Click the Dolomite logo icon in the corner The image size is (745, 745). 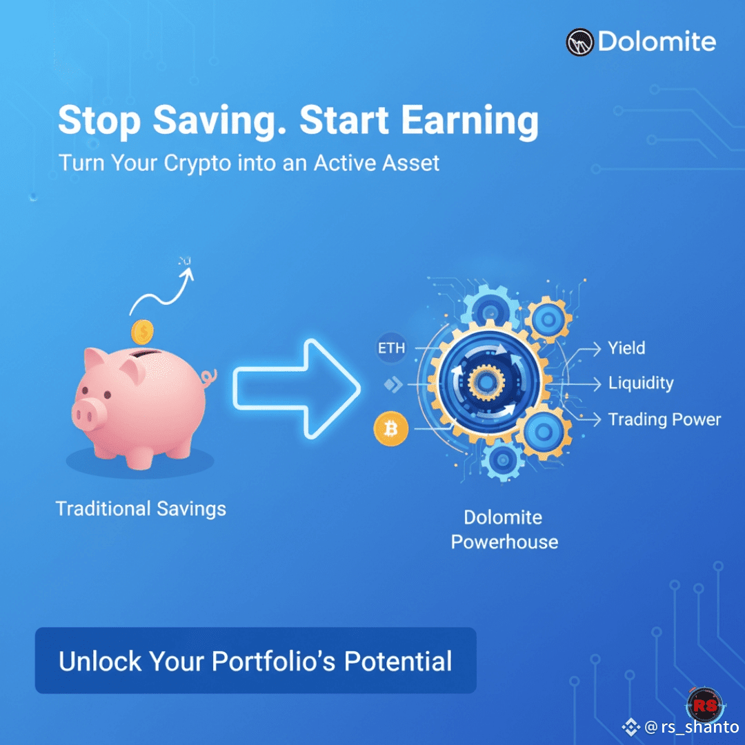click(x=579, y=42)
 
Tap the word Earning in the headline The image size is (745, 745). click(x=470, y=121)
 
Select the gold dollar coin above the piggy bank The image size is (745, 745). click(x=142, y=332)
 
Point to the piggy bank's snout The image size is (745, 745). click(x=88, y=414)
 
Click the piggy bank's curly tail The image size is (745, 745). click(x=208, y=378)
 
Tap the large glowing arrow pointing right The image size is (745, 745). click(x=297, y=388)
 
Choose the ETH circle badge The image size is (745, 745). click(x=391, y=348)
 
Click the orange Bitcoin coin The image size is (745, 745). click(x=390, y=428)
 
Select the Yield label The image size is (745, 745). click(x=626, y=348)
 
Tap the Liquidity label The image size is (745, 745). click(x=640, y=384)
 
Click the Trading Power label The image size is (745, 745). click(x=664, y=419)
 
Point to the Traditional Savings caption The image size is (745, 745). click(x=141, y=509)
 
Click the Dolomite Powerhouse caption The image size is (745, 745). click(x=504, y=530)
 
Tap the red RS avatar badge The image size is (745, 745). click(x=705, y=704)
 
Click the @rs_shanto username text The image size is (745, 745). click(x=691, y=727)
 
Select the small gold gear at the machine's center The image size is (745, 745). click(x=486, y=382)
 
